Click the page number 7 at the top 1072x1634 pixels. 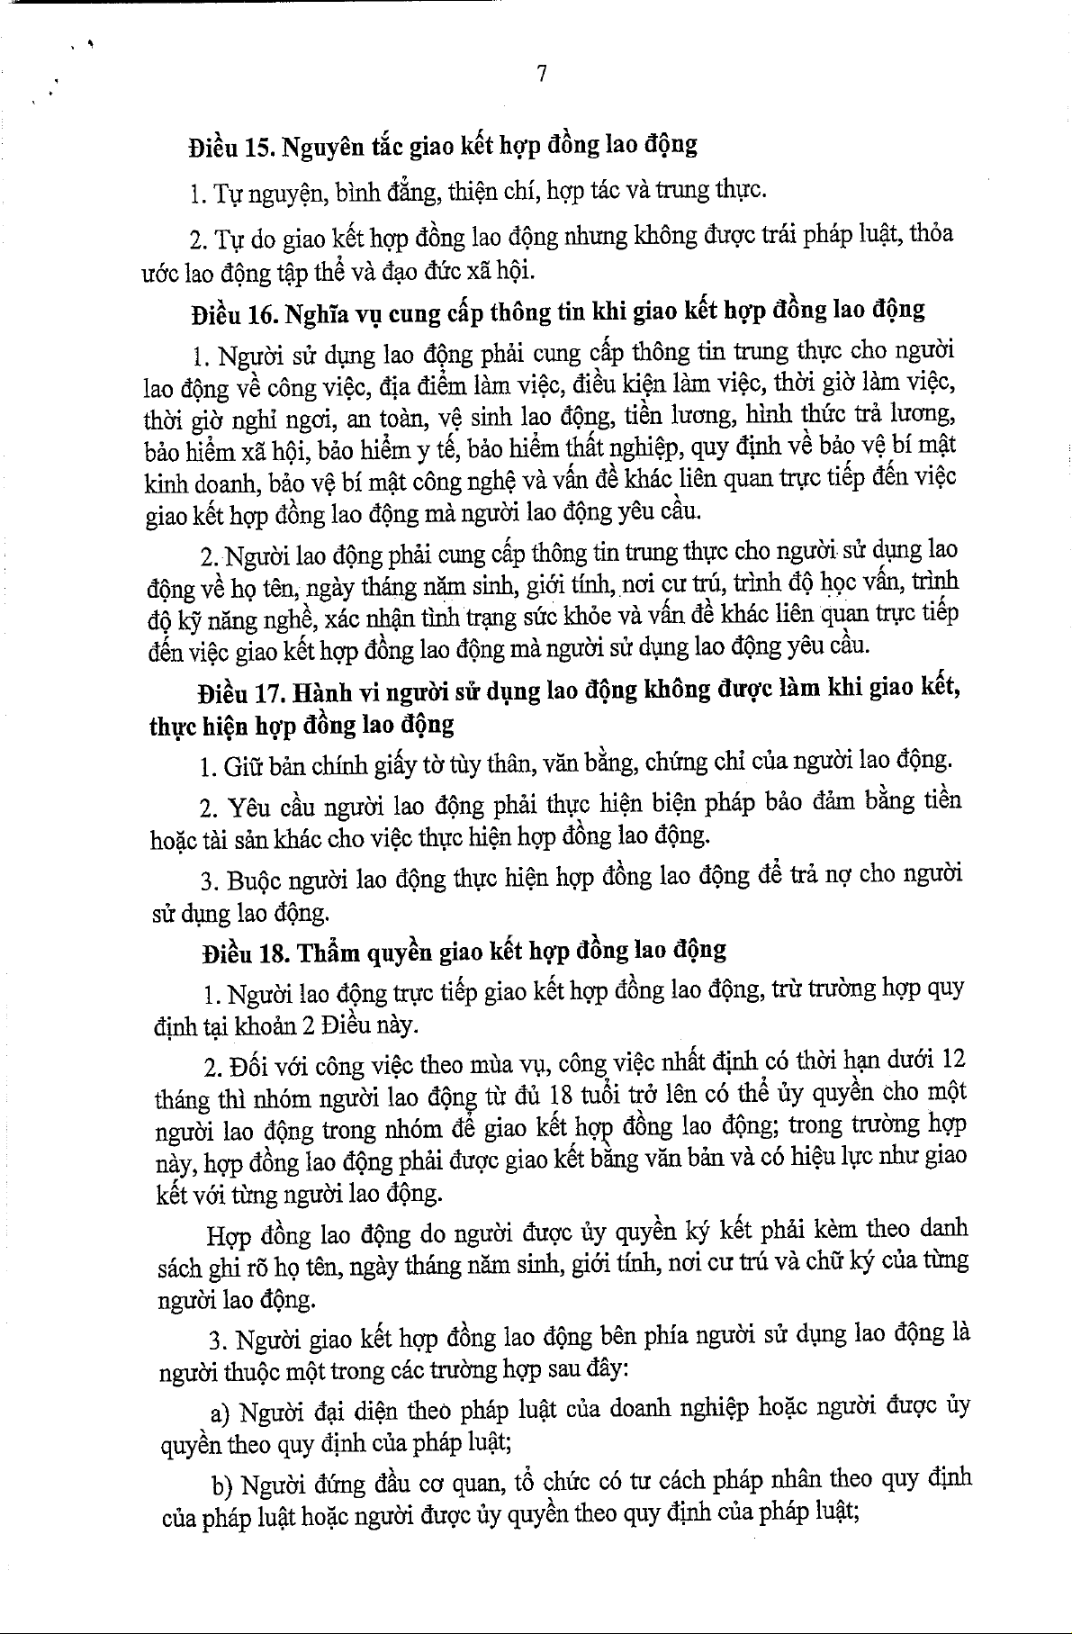point(542,74)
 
